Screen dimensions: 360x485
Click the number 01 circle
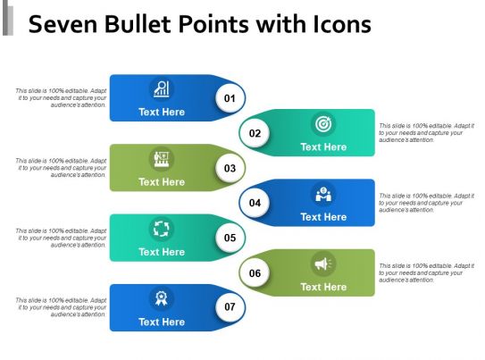(230, 97)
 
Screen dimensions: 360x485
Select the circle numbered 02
(255, 133)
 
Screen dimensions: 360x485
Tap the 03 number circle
(230, 168)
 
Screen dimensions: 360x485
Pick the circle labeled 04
(255, 203)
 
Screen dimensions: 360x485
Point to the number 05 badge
(230, 238)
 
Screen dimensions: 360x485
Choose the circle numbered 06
(255, 272)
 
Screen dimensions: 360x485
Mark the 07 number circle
(230, 307)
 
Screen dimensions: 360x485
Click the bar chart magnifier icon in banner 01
(162, 88)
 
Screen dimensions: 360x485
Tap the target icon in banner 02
(322, 123)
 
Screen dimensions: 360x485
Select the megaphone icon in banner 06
(322, 264)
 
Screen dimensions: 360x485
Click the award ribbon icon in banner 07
(162, 298)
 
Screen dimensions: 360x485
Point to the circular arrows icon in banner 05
(162, 229)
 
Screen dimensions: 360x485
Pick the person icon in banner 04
(322, 194)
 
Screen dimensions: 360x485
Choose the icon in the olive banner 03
(162, 159)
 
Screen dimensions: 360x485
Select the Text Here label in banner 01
(162, 112)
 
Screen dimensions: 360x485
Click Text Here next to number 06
(323, 287)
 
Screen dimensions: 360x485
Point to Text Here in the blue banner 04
(323, 217)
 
